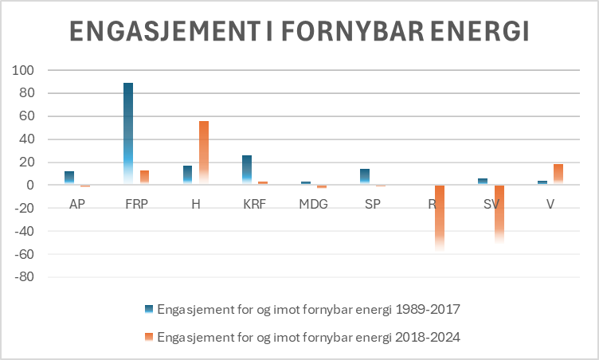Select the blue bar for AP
(69, 178)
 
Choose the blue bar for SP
(366, 177)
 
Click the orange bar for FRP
(144, 177)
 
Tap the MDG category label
(313, 204)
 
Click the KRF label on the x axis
(254, 204)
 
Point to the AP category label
(76, 204)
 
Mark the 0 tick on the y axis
(32, 186)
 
